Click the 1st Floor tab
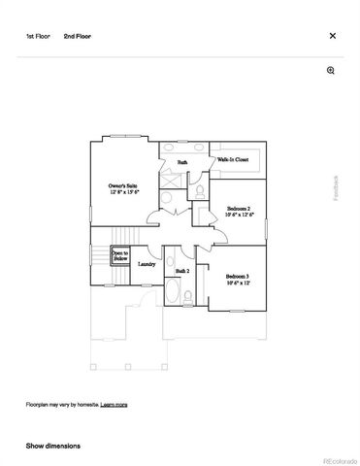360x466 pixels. pyautogui.click(x=37, y=36)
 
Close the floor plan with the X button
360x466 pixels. pyautogui.click(x=332, y=36)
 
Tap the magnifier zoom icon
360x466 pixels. pyautogui.click(x=331, y=71)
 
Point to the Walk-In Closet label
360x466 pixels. pyautogui.click(x=233, y=157)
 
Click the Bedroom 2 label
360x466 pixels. pyautogui.click(x=239, y=209)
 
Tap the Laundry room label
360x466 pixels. pyautogui.click(x=147, y=263)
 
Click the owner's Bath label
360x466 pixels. pyautogui.click(x=181, y=161)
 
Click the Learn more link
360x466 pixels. pyautogui.click(x=115, y=404)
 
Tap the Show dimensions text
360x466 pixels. pyautogui.click(x=53, y=446)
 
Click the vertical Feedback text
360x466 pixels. pyautogui.click(x=337, y=187)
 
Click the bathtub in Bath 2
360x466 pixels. pyautogui.click(x=172, y=292)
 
